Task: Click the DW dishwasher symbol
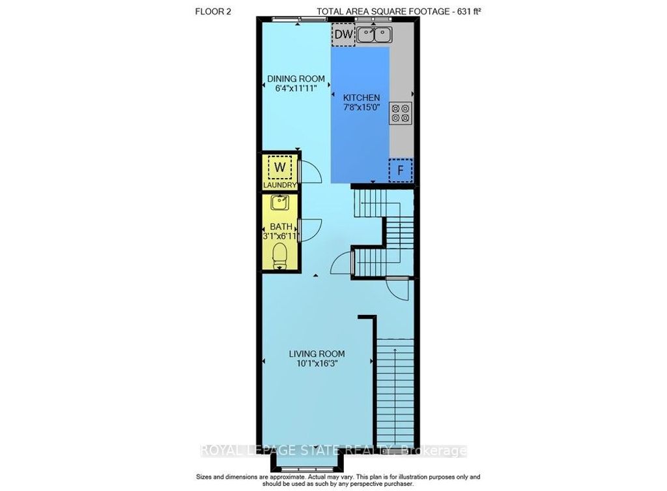point(343,35)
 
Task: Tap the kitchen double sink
point(374,35)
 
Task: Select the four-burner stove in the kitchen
point(400,113)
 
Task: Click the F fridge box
point(401,170)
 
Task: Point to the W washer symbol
point(279,168)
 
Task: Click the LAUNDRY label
point(279,186)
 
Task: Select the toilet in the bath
point(280,253)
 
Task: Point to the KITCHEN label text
point(362,97)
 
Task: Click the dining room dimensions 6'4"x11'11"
point(296,89)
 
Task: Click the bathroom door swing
point(311,230)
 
